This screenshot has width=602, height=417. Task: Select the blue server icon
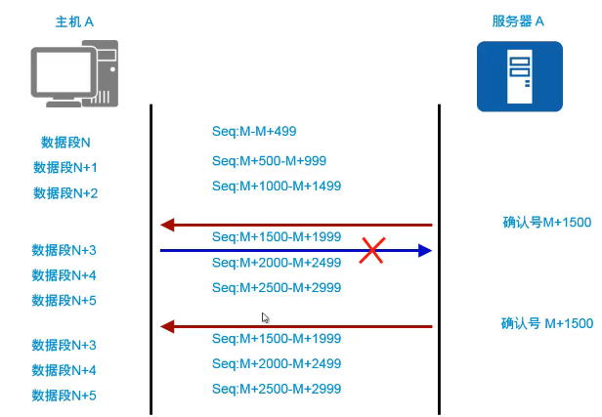pos(519,75)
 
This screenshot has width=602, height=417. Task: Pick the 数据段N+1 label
pos(65,167)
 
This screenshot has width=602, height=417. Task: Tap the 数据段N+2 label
pos(65,192)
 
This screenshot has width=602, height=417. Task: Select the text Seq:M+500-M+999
pos(269,160)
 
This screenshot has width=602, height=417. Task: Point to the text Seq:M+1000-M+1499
pos(277,186)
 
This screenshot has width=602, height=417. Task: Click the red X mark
pos(371,251)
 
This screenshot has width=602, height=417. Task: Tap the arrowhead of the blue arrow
pos(424,251)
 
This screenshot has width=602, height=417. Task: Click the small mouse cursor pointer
pos(265,317)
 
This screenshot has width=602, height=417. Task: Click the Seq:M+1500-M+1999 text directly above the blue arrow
pos(277,236)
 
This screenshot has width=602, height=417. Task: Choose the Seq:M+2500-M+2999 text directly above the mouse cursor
pos(277,287)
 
